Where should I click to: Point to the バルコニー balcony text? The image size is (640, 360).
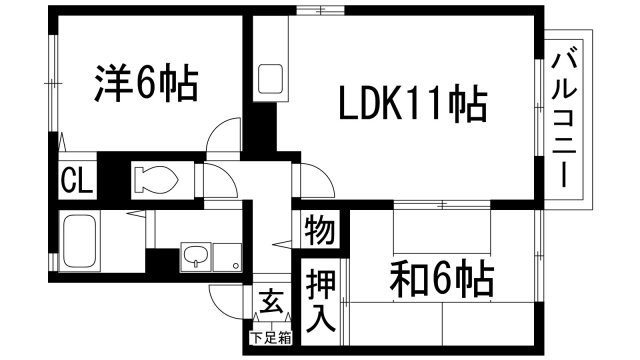coord(565,117)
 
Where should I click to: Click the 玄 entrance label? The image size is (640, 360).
coord(269,300)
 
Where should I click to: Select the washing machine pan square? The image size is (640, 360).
coord(230,257)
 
